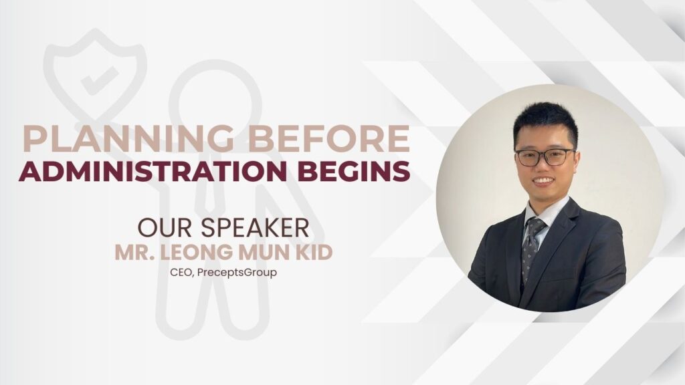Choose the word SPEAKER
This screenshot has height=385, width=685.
254,228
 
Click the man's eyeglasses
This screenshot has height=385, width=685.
545,157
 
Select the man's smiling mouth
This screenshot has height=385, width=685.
543,180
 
